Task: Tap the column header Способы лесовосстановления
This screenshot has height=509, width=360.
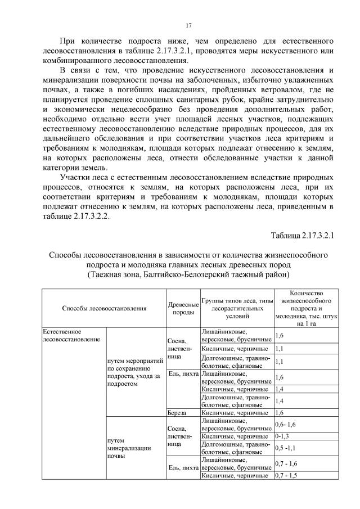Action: click(103, 308)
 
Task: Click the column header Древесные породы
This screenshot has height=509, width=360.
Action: click(183, 308)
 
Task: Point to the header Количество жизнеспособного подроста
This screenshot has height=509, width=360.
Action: click(306, 304)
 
